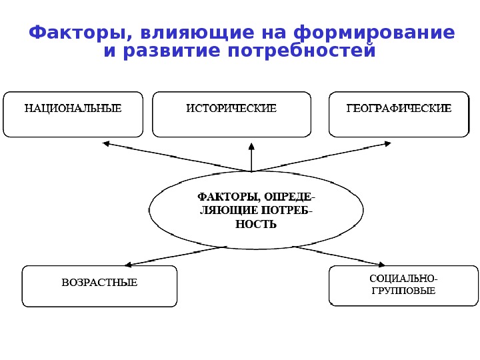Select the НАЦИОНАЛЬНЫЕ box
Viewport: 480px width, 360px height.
[x=73, y=114]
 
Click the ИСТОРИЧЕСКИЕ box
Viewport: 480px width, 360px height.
[x=231, y=114]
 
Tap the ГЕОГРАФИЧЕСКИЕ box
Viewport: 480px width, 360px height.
[x=399, y=114]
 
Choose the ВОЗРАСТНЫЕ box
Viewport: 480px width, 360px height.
[x=100, y=285]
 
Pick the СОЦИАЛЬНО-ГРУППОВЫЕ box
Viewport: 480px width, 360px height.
[x=403, y=285]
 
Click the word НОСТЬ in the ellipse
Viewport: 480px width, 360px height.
[x=256, y=224]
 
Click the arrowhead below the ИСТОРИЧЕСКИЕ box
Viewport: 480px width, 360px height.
[x=251, y=144]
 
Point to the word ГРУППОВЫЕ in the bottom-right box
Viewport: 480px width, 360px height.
[x=403, y=291]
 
